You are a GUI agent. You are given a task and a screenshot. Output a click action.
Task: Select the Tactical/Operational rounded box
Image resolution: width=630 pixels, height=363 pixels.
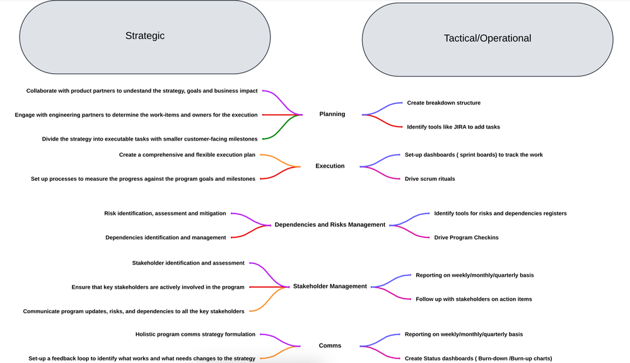tap(487, 38)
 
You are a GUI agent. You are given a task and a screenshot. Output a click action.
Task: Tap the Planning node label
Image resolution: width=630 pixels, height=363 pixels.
tap(332, 114)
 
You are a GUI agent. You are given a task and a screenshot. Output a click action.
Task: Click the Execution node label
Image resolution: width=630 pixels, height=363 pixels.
tap(330, 166)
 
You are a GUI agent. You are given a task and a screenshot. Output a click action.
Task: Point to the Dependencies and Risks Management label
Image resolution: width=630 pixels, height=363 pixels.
tap(330, 224)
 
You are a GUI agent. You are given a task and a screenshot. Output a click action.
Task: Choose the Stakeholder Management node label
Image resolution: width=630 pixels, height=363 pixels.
tap(330, 286)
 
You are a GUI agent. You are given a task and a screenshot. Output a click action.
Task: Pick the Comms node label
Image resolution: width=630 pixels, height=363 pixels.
tap(330, 345)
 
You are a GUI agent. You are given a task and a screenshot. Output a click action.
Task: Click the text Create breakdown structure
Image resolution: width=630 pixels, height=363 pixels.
tap(443, 103)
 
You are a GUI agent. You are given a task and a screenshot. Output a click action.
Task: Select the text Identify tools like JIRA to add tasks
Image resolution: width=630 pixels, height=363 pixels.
tap(453, 127)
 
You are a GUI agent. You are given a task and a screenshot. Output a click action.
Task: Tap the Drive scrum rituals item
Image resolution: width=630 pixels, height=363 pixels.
tap(429, 179)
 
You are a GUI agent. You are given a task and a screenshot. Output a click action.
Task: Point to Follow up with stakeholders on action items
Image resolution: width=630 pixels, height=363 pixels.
tap(474, 299)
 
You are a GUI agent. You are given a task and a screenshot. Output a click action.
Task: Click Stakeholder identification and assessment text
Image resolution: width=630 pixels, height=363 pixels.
tap(188, 263)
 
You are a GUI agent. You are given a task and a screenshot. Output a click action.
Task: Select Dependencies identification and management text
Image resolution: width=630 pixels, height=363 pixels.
tap(165, 238)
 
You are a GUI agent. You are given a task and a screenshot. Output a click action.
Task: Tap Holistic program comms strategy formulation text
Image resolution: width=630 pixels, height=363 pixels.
tap(195, 334)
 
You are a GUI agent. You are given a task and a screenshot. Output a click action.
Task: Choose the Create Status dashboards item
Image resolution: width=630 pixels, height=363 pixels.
tap(478, 359)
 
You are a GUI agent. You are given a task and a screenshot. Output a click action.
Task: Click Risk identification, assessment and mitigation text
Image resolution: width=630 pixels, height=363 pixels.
tap(165, 214)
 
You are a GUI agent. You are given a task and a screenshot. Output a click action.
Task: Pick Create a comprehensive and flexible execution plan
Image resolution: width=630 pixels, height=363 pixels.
tap(187, 154)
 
